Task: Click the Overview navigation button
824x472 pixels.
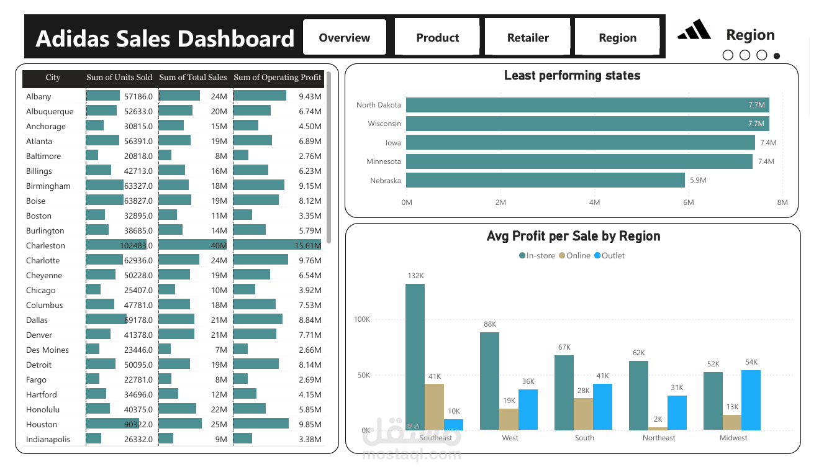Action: [344, 37]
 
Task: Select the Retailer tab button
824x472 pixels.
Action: [528, 37]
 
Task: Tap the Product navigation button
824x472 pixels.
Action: [437, 37]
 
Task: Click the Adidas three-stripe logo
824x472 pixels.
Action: [694, 30]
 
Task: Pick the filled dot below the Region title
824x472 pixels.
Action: [776, 56]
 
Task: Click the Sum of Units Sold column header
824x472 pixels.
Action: [119, 78]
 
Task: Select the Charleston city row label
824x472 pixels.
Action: [45, 245]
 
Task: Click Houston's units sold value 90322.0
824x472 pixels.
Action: [138, 424]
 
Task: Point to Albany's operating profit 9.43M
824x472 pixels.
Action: [309, 96]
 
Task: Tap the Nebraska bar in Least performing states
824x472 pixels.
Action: [545, 180]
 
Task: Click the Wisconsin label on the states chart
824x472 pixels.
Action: [384, 124]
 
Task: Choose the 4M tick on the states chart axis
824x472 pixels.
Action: [594, 202]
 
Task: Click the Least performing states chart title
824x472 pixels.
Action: [572, 76]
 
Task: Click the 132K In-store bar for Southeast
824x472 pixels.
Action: [415, 357]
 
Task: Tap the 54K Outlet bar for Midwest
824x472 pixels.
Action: [751, 400]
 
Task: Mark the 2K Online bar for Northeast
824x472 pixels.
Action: [658, 428]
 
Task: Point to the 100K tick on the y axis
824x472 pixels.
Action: [361, 319]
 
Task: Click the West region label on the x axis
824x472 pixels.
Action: [510, 438]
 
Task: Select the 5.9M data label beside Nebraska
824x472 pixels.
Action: [698, 180]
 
